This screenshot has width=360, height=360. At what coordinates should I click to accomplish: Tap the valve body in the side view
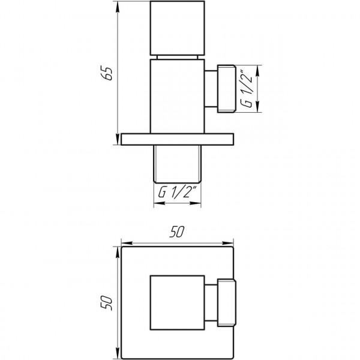tap(178, 96)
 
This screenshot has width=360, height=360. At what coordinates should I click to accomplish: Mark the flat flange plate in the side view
tap(178, 139)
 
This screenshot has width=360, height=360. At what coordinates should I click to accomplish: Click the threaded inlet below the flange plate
tap(178, 163)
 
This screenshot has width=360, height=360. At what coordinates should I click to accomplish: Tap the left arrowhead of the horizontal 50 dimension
tap(125, 244)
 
